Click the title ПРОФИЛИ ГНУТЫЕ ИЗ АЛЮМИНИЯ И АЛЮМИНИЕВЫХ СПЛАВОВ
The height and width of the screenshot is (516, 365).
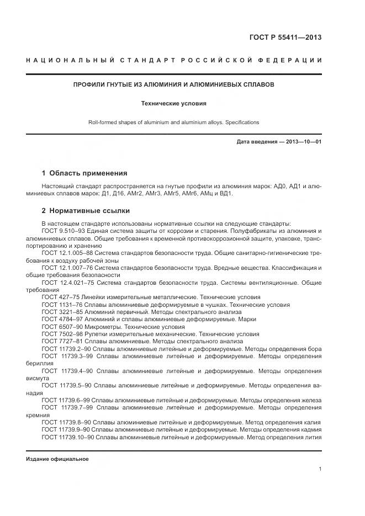click(174, 85)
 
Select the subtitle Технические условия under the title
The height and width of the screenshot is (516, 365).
click(174, 103)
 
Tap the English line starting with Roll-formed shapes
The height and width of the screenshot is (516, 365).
click(174, 123)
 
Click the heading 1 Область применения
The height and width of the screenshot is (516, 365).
click(84, 173)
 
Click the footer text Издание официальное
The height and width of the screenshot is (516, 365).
click(57, 459)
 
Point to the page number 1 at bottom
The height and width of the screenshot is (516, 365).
click(320, 469)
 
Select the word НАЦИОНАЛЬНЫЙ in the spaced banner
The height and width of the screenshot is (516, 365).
click(66, 60)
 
